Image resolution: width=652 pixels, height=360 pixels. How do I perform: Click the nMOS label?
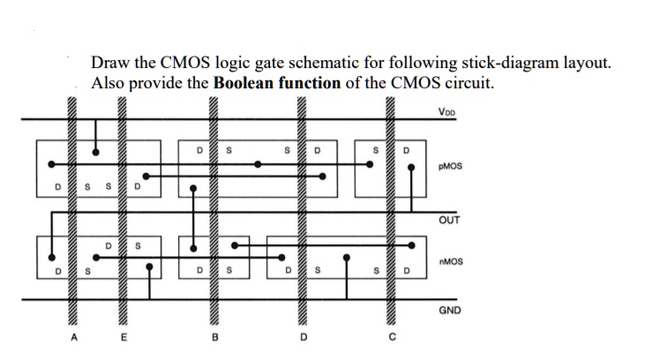[453, 262]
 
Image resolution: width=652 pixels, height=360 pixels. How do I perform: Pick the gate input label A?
[77, 335]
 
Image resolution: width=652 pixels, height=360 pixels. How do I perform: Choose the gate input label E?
[124, 335]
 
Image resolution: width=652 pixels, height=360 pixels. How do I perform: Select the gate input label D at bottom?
[303, 335]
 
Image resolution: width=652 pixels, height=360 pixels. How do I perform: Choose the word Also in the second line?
[109, 84]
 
